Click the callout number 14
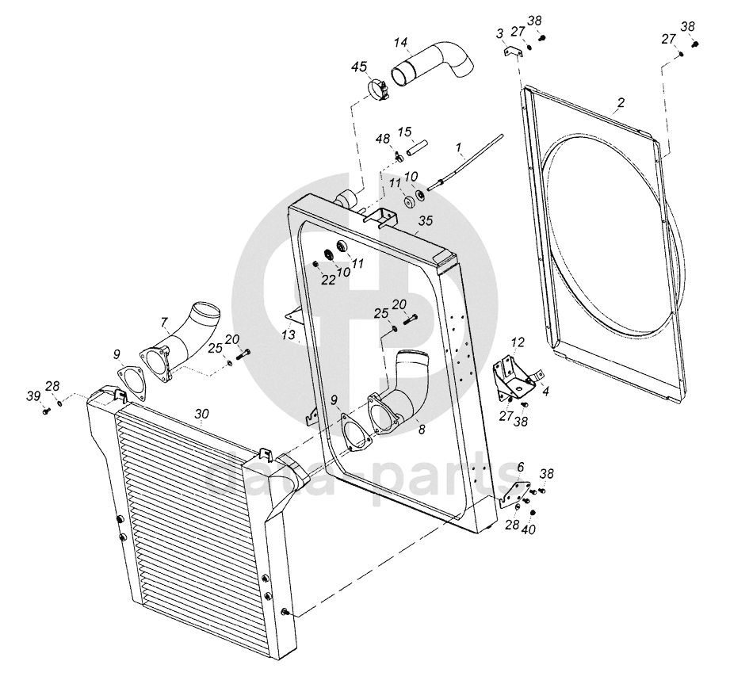tap(401, 42)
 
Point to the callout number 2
tap(621, 102)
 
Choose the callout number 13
tap(288, 335)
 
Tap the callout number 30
tap(201, 414)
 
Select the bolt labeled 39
tap(45, 411)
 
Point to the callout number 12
tap(518, 342)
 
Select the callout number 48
tap(383, 139)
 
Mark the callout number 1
tap(458, 147)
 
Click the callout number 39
tap(32, 396)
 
